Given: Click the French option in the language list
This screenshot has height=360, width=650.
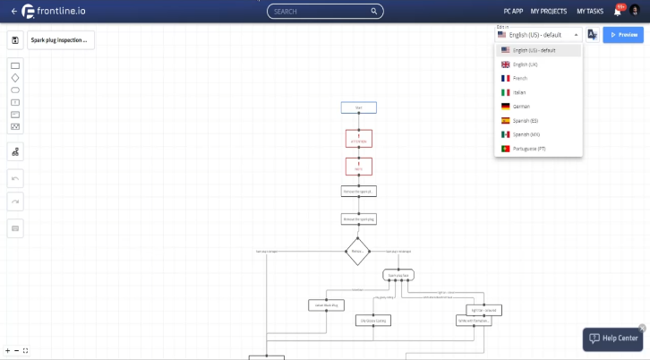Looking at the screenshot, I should click(x=520, y=79).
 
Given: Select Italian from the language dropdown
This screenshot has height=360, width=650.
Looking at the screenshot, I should click(x=520, y=92).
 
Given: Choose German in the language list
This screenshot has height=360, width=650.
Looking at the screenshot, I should click(x=521, y=107).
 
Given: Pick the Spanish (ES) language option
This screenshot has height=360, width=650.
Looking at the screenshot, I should click(x=526, y=120).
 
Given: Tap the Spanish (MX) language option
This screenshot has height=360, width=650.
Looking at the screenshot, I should click(x=526, y=134).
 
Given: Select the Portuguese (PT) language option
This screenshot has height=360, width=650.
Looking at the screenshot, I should click(x=529, y=149).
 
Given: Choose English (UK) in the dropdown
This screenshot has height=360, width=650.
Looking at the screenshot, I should click(x=526, y=64).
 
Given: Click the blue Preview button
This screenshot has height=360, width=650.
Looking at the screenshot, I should click(x=623, y=35).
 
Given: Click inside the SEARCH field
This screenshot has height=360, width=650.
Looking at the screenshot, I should click(x=325, y=12).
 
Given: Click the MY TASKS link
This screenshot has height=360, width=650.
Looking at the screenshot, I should click(x=590, y=12).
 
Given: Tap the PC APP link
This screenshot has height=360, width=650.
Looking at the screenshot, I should click(x=513, y=12).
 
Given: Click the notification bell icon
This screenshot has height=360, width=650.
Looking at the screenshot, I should click(x=617, y=12).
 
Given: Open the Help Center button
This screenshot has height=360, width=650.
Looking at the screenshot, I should click(x=613, y=339).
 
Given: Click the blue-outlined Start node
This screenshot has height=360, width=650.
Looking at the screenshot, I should click(x=358, y=107).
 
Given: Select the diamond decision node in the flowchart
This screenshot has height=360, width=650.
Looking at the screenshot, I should click(x=357, y=251).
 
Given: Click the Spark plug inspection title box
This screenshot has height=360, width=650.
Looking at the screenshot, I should click(x=60, y=39).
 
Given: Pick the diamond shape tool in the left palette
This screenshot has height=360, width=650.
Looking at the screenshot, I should click(x=15, y=78).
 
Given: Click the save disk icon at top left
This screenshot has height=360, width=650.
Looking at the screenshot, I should click(x=15, y=39).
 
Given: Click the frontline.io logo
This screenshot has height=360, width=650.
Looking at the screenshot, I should click(x=55, y=12).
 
